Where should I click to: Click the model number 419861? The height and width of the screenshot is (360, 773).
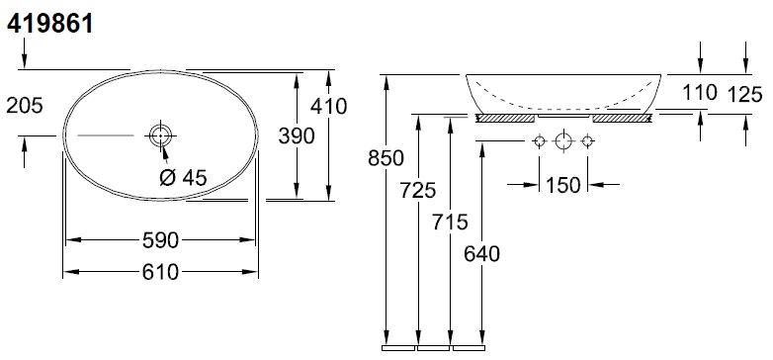tap(49, 23)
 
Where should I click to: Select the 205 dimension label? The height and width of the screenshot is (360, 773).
tap(25, 106)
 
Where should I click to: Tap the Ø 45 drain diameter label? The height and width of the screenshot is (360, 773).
tap(184, 178)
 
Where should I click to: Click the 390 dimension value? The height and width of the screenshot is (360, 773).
tap(297, 135)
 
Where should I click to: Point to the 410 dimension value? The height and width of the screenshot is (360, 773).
tap(329, 106)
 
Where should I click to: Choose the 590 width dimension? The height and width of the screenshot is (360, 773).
tap(160, 240)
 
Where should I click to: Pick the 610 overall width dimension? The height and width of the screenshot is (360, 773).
tap(160, 272)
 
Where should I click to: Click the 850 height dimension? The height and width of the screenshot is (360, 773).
tap(386, 158)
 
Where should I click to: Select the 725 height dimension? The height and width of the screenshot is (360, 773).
tap(418, 190)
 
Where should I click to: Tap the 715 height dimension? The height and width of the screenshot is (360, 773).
tap(450, 222)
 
